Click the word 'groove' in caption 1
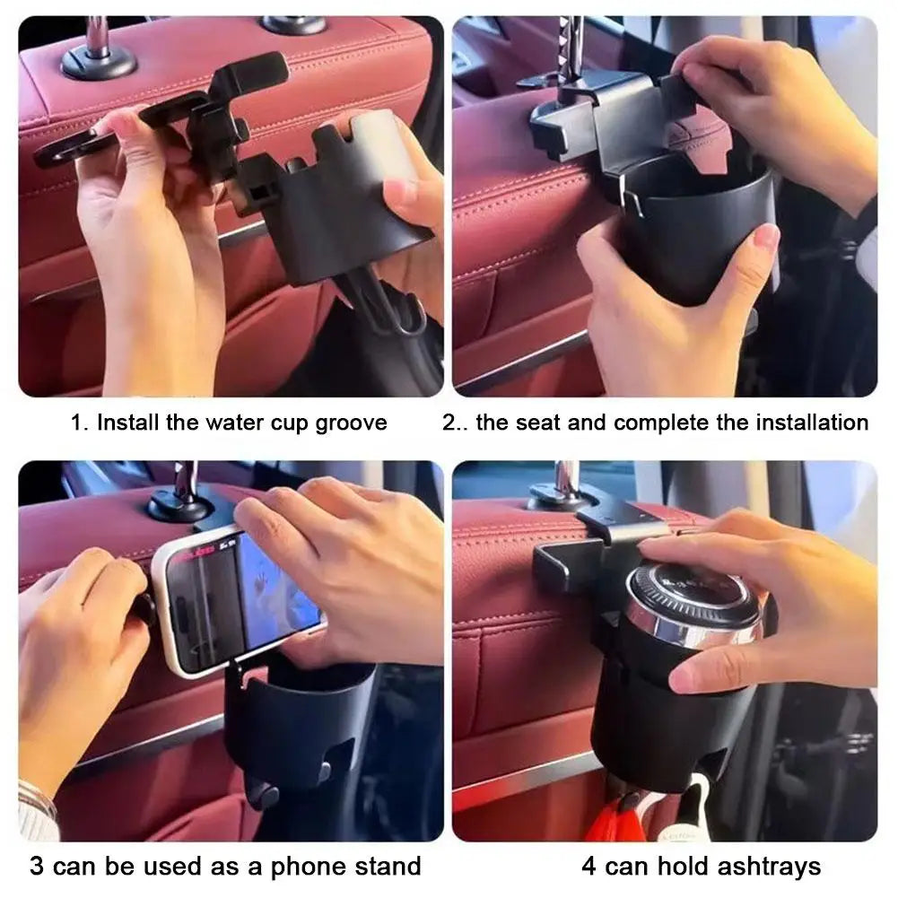tap(351, 423)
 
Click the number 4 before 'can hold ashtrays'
tap(588, 866)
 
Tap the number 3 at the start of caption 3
tap(37, 866)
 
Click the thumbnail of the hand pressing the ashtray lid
tap(664, 650)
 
